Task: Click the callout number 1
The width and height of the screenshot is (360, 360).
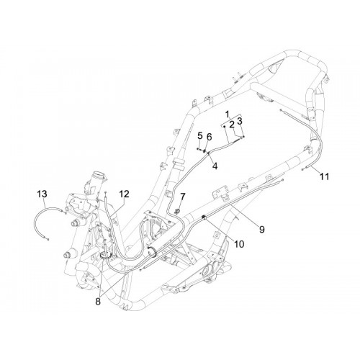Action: (228, 114)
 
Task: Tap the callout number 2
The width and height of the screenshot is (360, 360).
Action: (232, 125)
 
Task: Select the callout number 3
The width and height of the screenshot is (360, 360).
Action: (240, 121)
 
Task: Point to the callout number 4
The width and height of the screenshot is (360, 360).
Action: (215, 166)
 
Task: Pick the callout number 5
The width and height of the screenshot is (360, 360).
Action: (200, 136)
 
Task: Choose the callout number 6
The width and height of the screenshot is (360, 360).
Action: (210, 137)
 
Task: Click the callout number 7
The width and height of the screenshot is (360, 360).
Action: (183, 197)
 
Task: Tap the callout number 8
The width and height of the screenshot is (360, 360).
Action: (98, 302)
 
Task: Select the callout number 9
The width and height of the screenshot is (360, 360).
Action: (262, 230)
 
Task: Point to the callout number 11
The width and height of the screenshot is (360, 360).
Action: (324, 177)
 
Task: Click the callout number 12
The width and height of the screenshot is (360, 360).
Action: (124, 194)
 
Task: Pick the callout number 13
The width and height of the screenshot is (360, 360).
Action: (42, 194)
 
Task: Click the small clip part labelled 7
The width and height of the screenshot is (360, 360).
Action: (177, 211)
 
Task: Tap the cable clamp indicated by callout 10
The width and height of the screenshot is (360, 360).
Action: (204, 217)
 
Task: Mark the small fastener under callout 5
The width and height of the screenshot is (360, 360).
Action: (199, 149)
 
